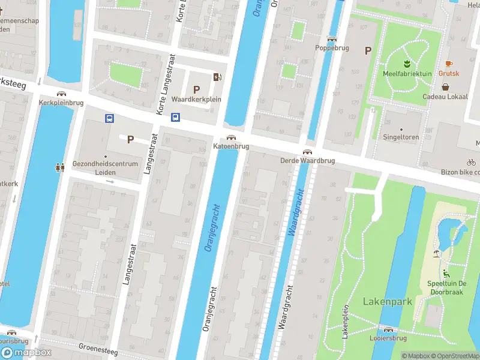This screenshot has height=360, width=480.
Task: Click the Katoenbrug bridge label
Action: coord(231,146)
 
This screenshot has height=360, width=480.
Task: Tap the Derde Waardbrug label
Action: coord(307,161)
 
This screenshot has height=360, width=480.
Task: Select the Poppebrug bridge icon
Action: coord(332,38)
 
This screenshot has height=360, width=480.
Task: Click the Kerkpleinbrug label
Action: coord(61,103)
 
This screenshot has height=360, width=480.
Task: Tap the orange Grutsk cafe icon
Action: coord(448,64)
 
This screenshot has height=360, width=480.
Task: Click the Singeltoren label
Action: coord(401,137)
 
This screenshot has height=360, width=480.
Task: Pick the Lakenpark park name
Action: coord(387,301)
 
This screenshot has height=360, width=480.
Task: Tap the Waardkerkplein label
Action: coord(196,99)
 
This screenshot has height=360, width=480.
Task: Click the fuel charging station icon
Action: coord(217,76)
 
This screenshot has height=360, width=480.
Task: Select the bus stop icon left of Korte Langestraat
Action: coord(110,118)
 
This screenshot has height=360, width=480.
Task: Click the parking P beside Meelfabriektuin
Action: coord(368,52)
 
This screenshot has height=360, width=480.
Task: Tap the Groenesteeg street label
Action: coord(98,349)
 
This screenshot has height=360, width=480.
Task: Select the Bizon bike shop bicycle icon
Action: coord(471,162)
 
